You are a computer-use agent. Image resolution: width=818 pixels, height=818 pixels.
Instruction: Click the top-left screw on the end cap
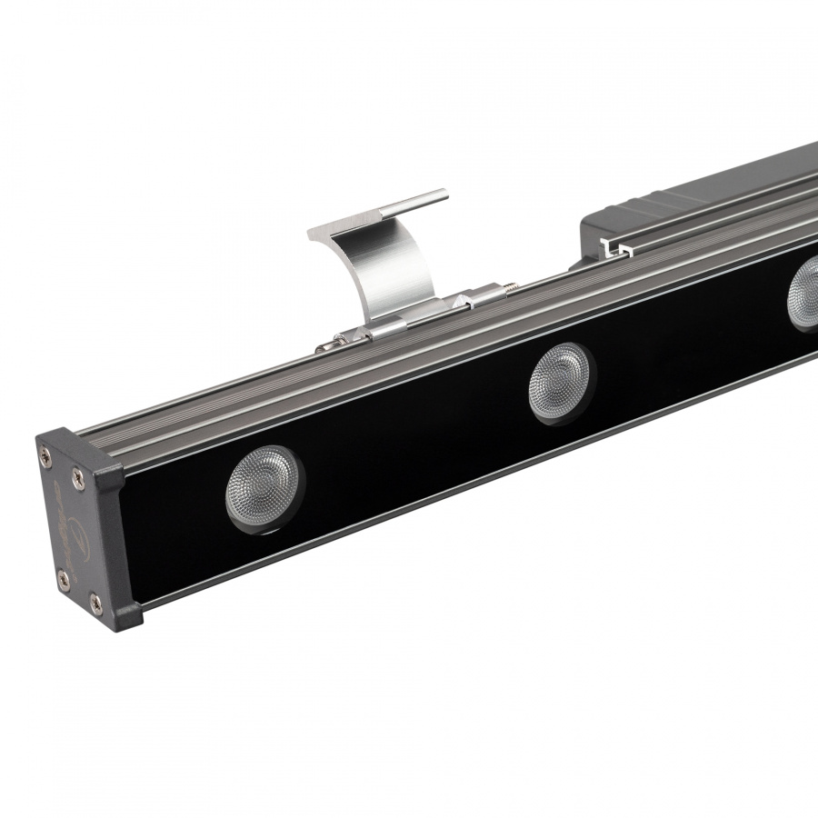pyautogui.click(x=45, y=446)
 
